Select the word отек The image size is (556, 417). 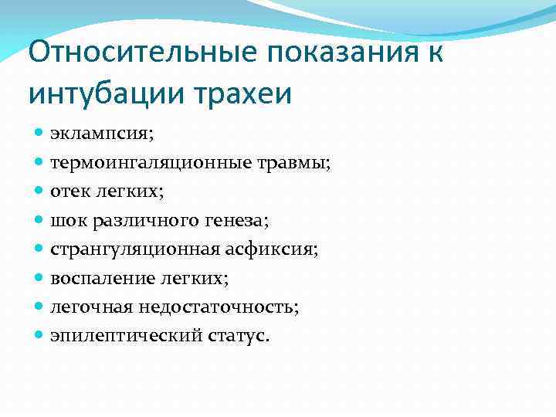coord(69,192)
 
